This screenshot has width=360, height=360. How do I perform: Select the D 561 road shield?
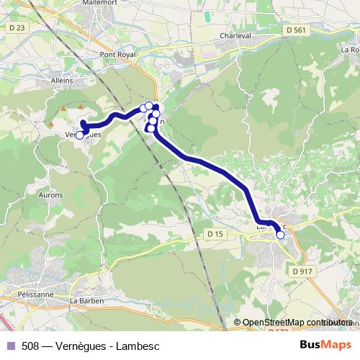point(295,30)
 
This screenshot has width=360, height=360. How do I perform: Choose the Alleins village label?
point(63,81)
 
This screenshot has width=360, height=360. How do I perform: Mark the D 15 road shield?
point(215,234)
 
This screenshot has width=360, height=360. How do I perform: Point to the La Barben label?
point(84,300)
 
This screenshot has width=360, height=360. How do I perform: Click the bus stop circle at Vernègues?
point(80,135)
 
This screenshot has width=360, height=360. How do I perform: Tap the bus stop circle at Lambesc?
point(280,235)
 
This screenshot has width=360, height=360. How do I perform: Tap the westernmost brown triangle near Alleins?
point(63,109)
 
